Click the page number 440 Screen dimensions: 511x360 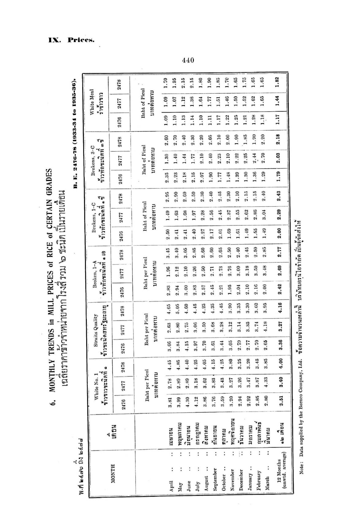(188, 60)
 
